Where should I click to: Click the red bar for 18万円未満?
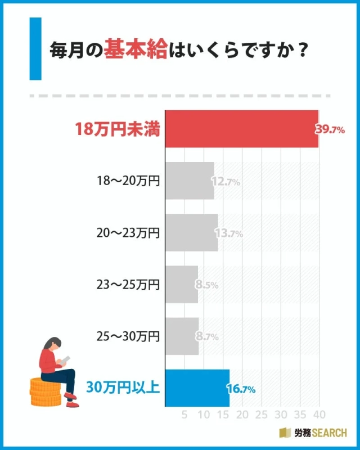click(x=242, y=129)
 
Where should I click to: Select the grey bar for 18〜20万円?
click(x=190, y=181)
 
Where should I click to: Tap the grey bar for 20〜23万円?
click(x=191, y=233)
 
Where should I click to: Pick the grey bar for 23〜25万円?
click(x=182, y=285)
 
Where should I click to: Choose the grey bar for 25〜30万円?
click(x=182, y=336)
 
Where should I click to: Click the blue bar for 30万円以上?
click(x=197, y=388)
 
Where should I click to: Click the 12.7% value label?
click(x=226, y=182)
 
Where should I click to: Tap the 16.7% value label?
click(x=241, y=389)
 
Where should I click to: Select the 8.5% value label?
click(x=206, y=285)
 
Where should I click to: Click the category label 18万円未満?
click(x=118, y=130)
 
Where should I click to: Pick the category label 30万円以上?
click(x=124, y=388)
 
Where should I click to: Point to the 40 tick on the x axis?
click(x=319, y=415)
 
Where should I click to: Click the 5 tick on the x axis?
click(x=184, y=415)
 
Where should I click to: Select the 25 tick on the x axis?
click(x=261, y=415)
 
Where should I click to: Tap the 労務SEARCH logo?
click(x=313, y=433)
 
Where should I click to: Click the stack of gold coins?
click(x=45, y=393)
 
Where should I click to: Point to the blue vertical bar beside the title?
click(x=35, y=48)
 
